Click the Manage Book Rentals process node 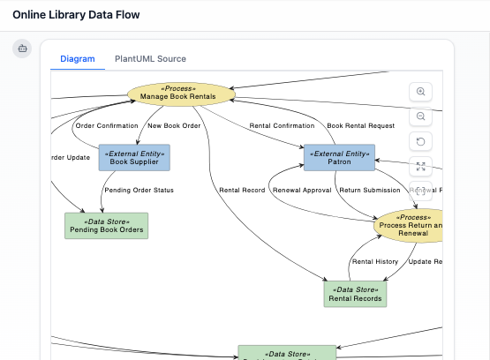pos(182,93)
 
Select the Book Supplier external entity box pos(133,158)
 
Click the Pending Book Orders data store pos(106,226)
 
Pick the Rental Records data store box pos(356,294)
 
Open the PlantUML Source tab pos(150,59)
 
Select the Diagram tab pos(77,59)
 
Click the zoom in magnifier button pos(421,93)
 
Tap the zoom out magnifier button pos(421,117)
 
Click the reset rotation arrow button pos(421,142)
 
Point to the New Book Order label pos(175,125)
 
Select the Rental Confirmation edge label pos(282,125)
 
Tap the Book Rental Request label pos(360,125)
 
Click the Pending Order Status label pos(139,190)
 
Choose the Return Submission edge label pos(369,190)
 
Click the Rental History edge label pos(375,261)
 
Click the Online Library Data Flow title pos(76,15)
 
